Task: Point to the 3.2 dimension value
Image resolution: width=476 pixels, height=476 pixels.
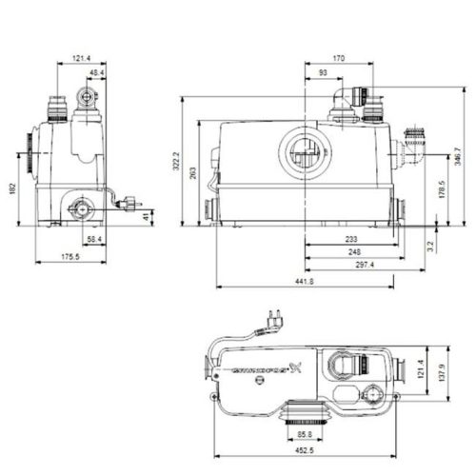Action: (x=430, y=245)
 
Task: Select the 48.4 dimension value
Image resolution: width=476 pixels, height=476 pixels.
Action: (x=96, y=72)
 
